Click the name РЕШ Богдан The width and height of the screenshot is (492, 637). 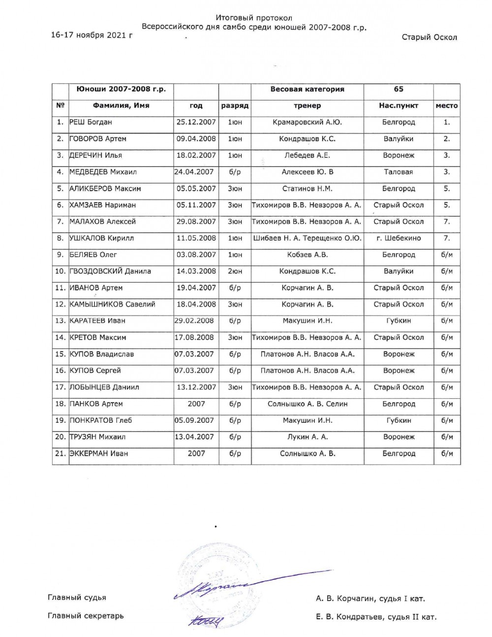[x=91, y=122]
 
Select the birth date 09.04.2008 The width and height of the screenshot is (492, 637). [x=196, y=139]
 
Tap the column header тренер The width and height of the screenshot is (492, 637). [x=307, y=105]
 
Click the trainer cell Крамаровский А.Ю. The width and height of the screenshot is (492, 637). [x=307, y=122]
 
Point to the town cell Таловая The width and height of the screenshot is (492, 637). [x=399, y=172]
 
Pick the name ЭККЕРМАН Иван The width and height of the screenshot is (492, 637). [x=98, y=453]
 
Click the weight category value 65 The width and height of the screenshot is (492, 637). [x=399, y=89]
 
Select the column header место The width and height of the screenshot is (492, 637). [x=447, y=105]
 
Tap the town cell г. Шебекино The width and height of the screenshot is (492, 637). [x=399, y=238]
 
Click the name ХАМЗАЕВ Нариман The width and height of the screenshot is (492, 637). [x=102, y=205]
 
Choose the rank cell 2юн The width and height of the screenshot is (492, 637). [x=235, y=271]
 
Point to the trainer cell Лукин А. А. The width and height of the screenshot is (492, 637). [x=307, y=437]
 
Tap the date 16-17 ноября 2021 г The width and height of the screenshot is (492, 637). [x=92, y=35]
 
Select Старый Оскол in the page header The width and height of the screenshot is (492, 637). [x=429, y=37]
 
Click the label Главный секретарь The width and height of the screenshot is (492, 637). [x=86, y=615]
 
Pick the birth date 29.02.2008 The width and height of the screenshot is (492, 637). [x=195, y=320]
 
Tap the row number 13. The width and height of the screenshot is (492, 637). [x=61, y=320]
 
